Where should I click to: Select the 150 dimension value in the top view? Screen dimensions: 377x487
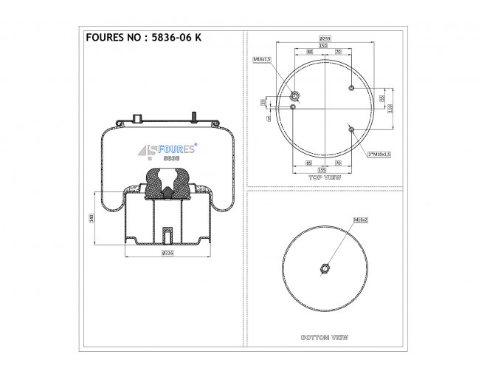click(323, 45)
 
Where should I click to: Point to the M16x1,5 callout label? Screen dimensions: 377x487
click(263, 58)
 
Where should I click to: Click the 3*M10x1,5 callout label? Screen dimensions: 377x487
click(379, 154)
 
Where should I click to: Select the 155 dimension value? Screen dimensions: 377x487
click(322, 169)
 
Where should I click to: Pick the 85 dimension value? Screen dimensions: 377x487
click(308, 162)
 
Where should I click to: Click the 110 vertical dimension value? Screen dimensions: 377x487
click(390, 107)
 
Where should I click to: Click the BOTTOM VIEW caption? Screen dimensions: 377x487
click(325, 337)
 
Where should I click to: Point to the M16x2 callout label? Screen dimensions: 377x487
click(361, 220)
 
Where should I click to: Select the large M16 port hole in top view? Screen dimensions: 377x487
click(295, 95)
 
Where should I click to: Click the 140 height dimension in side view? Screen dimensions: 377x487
click(91, 218)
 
